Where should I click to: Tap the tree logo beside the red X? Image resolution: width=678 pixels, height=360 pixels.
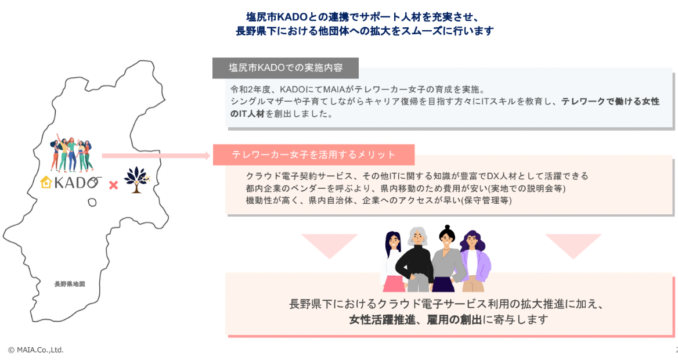[x=136, y=180]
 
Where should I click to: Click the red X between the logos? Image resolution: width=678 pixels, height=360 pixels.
[x=114, y=185]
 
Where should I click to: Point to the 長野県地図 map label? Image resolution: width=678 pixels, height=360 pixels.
[x=70, y=284]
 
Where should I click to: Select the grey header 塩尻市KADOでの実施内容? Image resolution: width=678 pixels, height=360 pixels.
[x=286, y=68]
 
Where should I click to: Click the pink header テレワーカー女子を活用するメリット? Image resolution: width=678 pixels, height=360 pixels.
[x=313, y=154]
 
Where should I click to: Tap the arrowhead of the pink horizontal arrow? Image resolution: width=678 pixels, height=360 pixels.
[x=205, y=156]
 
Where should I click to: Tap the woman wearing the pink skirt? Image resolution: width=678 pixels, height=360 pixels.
[x=393, y=261]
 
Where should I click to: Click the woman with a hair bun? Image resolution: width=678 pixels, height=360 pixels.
[x=446, y=258]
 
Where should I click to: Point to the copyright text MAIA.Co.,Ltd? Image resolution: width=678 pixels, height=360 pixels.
[x=36, y=350]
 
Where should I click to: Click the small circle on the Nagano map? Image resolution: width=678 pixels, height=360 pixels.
[x=92, y=201]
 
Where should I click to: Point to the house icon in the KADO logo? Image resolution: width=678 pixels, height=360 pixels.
[x=46, y=183]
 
